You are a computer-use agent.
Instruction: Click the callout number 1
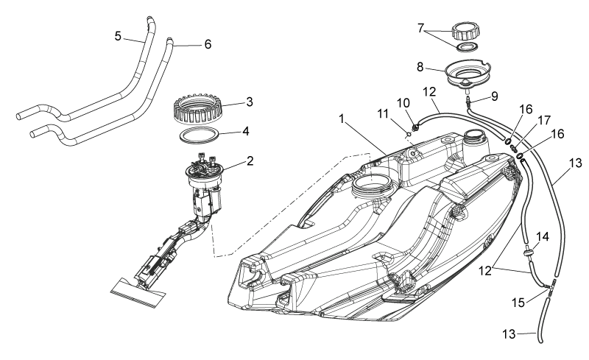[342, 119]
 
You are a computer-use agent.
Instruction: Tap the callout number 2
[250, 161]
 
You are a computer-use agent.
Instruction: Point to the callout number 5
[118, 37]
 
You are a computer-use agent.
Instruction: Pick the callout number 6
[208, 44]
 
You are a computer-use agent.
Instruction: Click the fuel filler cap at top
[466, 31]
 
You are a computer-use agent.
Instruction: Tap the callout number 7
[420, 28]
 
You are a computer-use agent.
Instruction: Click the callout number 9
[495, 96]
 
